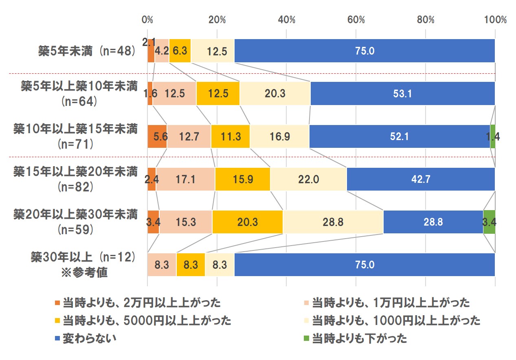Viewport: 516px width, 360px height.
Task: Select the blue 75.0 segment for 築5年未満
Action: coord(364,51)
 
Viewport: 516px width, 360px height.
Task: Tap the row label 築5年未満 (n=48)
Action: coord(86,51)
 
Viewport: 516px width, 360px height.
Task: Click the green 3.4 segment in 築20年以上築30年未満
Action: coord(489,222)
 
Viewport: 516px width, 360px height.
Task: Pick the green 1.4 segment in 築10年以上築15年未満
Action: coord(492,136)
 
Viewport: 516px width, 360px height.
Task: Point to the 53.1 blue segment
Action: coord(402,94)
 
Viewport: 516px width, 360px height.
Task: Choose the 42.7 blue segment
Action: coord(420,179)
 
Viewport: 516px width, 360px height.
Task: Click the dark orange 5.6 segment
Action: coord(157,136)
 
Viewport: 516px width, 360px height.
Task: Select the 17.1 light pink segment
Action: coord(185,179)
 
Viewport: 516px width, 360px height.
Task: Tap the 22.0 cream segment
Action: coord(308,179)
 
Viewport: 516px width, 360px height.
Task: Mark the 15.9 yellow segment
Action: coord(242,179)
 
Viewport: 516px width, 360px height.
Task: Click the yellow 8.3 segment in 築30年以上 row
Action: coord(191,265)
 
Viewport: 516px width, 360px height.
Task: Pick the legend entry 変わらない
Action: coord(89,338)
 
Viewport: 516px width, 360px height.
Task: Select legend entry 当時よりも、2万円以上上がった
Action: coord(141,303)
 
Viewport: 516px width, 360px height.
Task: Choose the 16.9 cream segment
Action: coord(279,136)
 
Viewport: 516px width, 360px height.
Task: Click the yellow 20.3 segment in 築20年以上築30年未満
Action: coord(247,222)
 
